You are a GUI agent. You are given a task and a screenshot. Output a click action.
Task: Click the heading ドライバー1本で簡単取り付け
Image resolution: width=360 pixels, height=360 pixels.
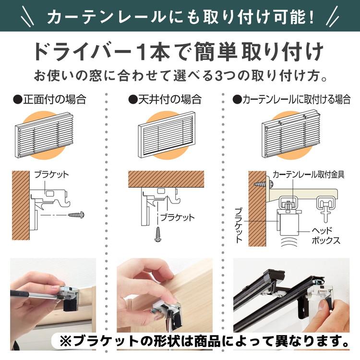(180, 52)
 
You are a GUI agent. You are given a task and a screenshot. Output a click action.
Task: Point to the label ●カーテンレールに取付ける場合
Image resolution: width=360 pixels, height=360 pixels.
(291, 100)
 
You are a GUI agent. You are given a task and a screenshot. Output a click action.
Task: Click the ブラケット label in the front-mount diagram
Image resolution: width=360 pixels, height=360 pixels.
(52, 175)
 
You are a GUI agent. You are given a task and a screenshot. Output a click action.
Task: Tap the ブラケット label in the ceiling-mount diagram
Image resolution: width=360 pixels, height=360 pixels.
(178, 217)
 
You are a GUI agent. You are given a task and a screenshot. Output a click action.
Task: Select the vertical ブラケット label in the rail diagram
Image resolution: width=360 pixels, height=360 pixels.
(239, 226)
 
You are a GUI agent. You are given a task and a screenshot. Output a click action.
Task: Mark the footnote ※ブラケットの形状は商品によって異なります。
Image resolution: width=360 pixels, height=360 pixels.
(205, 341)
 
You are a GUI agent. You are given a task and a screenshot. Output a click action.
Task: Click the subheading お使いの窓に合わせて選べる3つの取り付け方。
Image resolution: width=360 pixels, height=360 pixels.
(180, 76)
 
